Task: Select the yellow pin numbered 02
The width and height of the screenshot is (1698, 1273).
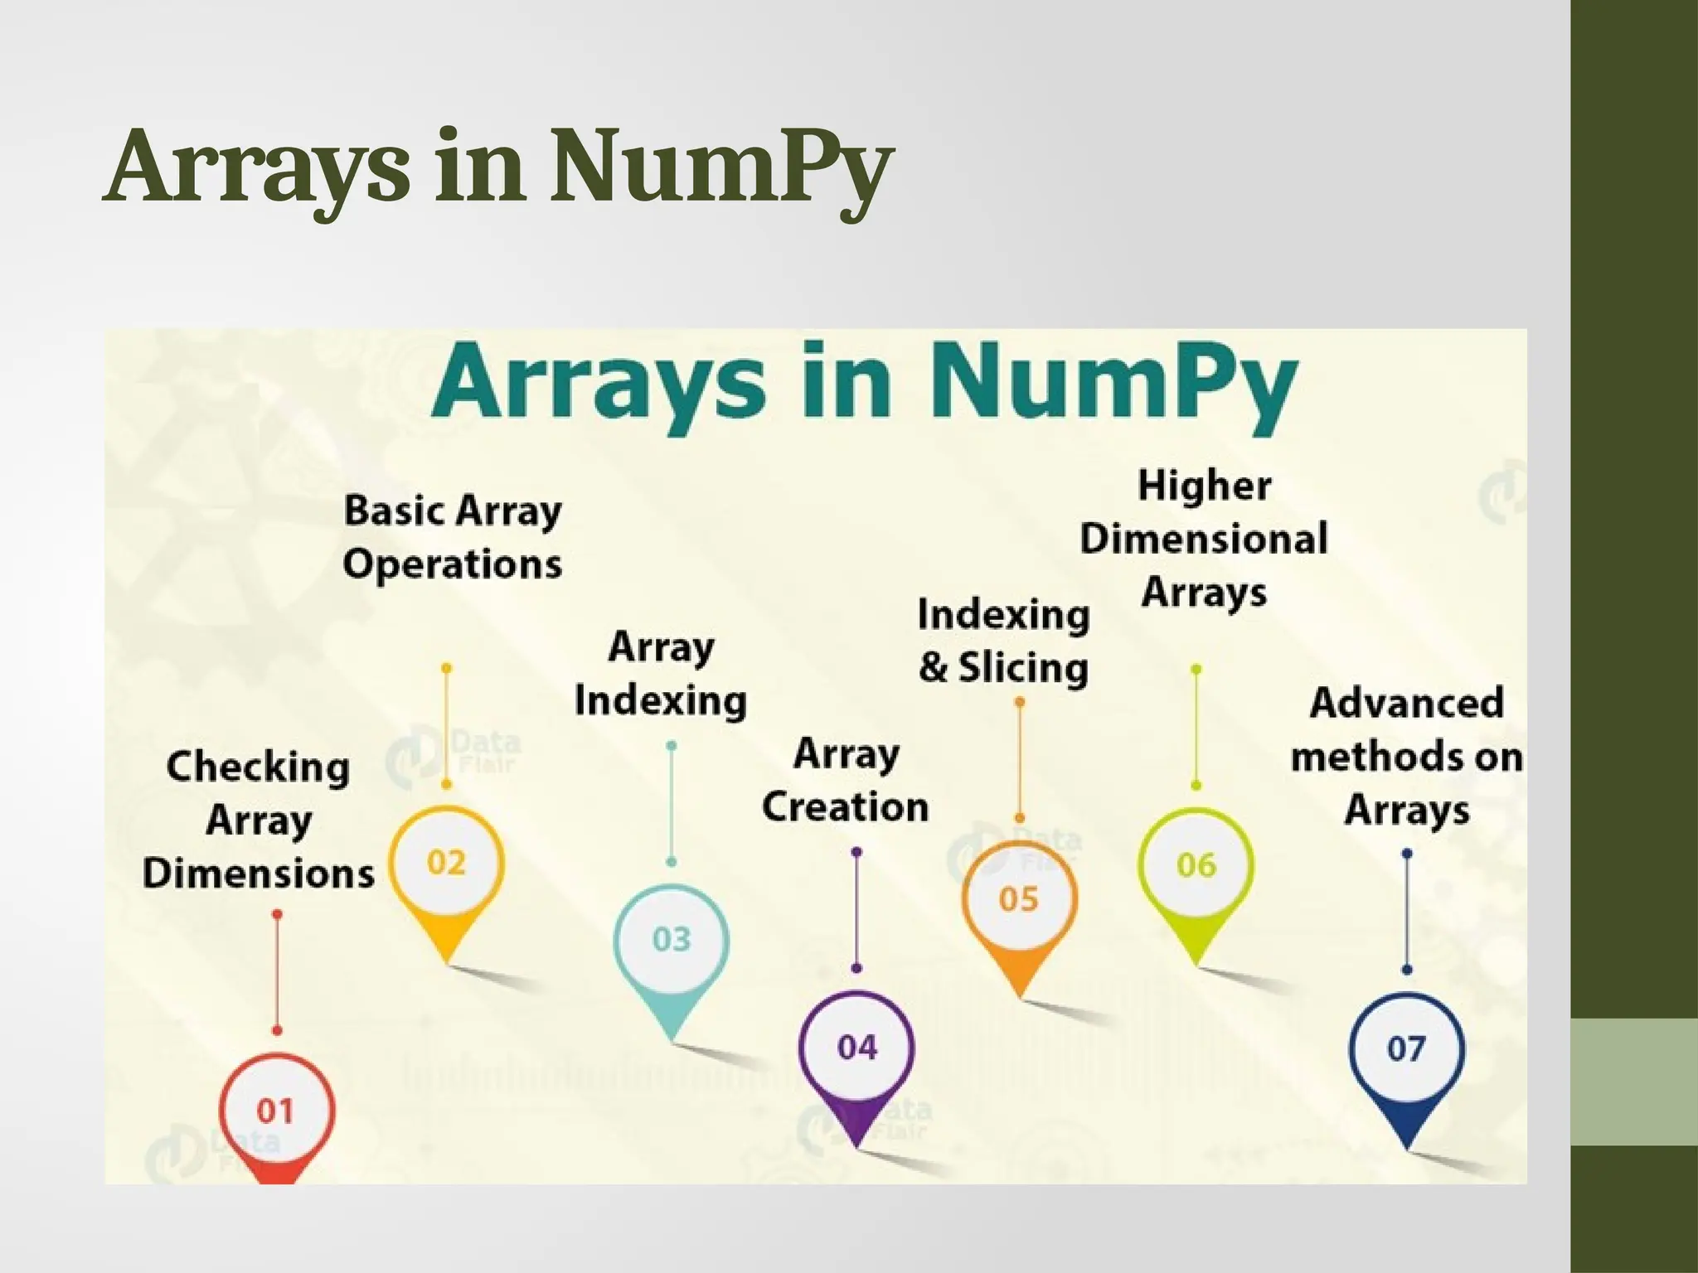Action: pyautogui.click(x=447, y=864)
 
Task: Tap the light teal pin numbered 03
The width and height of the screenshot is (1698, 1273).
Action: pyautogui.click(x=672, y=940)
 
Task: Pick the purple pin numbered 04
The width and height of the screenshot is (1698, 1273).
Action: pyautogui.click(x=856, y=1048)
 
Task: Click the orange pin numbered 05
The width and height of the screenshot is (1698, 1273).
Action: pyautogui.click(x=1019, y=899)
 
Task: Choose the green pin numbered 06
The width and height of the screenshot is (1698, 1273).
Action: pyautogui.click(x=1196, y=866)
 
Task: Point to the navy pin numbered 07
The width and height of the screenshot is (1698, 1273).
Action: pyautogui.click(x=1406, y=1049)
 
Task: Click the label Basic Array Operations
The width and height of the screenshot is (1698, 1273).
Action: pyautogui.click(x=453, y=537)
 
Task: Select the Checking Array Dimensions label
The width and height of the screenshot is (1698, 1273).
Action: pyautogui.click(x=258, y=820)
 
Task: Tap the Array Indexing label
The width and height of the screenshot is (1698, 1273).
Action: pyautogui.click(x=661, y=673)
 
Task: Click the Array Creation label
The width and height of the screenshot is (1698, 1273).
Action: pyautogui.click(x=846, y=780)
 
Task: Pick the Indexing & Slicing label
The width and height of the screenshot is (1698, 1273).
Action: pyautogui.click(x=1003, y=641)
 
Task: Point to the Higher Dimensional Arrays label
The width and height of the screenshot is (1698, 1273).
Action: pyautogui.click(x=1204, y=539)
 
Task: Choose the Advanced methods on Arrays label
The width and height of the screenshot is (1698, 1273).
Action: pyautogui.click(x=1407, y=756)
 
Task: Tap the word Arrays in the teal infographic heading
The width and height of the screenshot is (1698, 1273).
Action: pyautogui.click(x=597, y=385)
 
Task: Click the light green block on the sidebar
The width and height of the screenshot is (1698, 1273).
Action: pyautogui.click(x=1634, y=1082)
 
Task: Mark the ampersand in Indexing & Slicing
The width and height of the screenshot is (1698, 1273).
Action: pyautogui.click(x=934, y=668)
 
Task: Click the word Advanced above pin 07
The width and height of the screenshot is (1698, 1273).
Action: pyautogui.click(x=1407, y=703)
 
